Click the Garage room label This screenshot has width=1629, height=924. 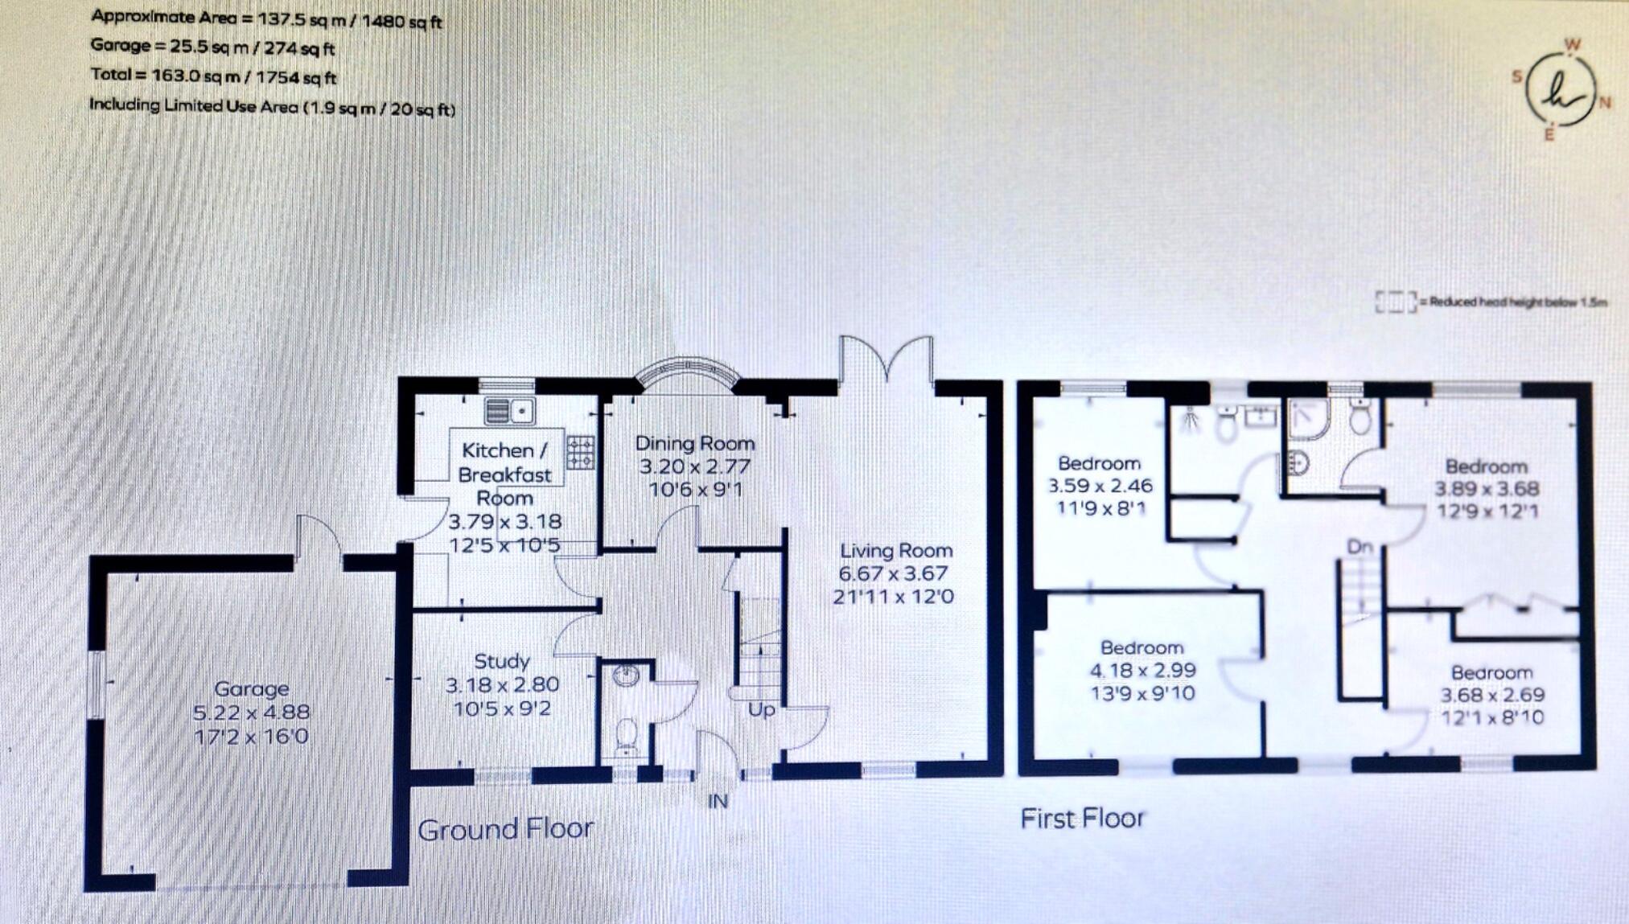pos(251,689)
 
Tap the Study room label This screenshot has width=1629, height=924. pos(501,662)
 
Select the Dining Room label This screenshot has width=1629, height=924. pos(695,443)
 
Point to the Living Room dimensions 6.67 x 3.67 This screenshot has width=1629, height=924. pos(893,574)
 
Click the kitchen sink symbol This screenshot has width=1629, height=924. pos(510,412)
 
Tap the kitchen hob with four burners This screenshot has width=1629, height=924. pos(581,452)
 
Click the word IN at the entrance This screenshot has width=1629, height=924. pos(718,801)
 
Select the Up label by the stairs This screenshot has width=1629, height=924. pos(761,710)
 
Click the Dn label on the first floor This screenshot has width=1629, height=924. pos(1360,548)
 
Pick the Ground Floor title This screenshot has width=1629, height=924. pos(505,829)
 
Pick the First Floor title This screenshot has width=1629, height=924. pos(1082,819)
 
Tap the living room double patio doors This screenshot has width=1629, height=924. pos(886,360)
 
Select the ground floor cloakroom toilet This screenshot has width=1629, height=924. pos(626,735)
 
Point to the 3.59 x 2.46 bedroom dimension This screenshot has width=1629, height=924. pos(1100,486)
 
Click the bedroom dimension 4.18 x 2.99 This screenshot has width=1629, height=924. pos(1142,671)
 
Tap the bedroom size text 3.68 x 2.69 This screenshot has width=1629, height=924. pos(1491,696)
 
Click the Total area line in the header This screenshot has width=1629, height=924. pos(213,76)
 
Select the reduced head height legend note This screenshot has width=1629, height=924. pos(1492,302)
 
